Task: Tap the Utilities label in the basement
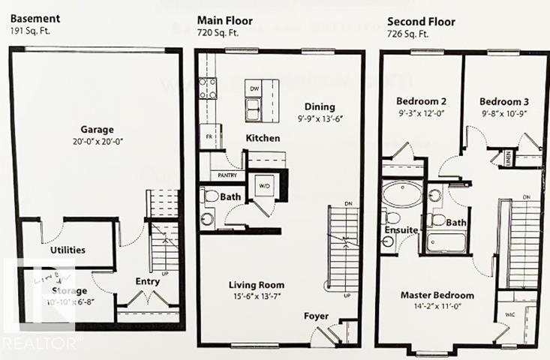click(x=68, y=250)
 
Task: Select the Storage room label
click(x=70, y=290)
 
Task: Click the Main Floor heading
click(x=224, y=20)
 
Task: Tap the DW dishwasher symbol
click(x=254, y=88)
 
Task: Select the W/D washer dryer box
click(x=263, y=184)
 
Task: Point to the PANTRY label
click(x=227, y=175)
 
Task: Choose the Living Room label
click(x=257, y=285)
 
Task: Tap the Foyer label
click(x=316, y=316)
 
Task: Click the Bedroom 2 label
click(x=422, y=101)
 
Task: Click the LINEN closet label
click(x=509, y=157)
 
